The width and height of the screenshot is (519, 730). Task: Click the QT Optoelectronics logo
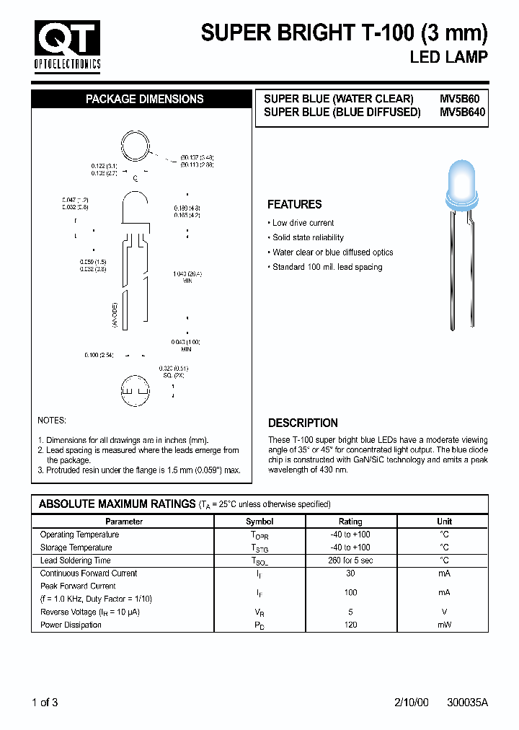(x=67, y=45)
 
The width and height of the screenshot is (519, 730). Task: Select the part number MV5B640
(x=463, y=113)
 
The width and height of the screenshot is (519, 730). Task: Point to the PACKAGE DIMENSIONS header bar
(x=144, y=100)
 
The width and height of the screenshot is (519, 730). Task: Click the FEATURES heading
(x=294, y=204)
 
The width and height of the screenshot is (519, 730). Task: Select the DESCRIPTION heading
(x=303, y=423)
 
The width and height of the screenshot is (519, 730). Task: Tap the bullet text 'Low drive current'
(x=303, y=223)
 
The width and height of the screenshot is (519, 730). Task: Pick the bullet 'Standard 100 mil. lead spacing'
(x=327, y=267)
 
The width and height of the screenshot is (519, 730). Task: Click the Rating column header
(x=350, y=522)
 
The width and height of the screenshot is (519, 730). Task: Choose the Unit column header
(x=444, y=522)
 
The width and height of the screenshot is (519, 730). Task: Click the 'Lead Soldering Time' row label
(x=75, y=560)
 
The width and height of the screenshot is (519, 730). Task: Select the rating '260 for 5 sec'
(x=351, y=560)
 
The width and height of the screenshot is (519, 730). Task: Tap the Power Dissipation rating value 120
(x=351, y=625)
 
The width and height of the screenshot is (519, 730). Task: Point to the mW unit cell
(x=444, y=625)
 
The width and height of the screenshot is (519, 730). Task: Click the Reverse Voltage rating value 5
(x=351, y=612)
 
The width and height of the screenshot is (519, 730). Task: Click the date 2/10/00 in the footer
(x=412, y=703)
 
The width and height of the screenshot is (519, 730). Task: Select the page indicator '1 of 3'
(x=45, y=703)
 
